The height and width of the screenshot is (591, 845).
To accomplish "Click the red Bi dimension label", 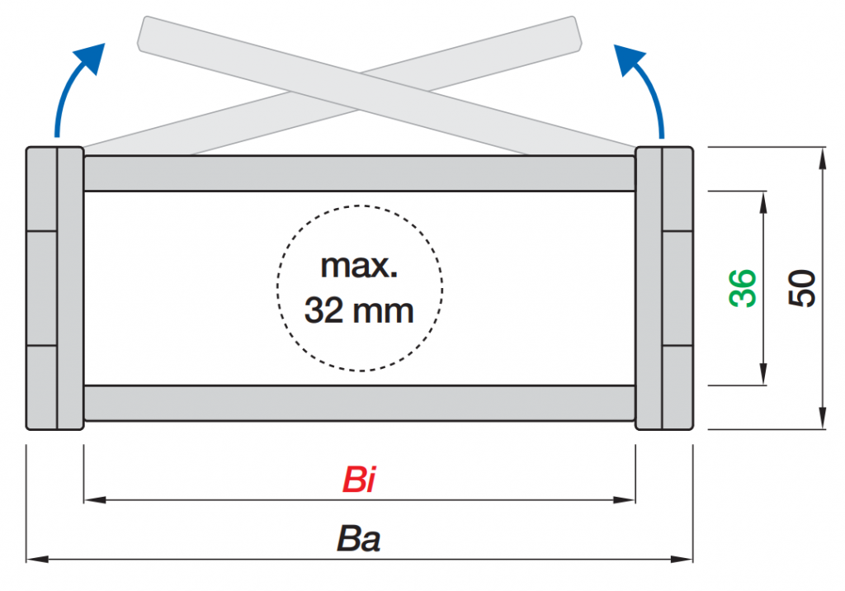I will click(x=359, y=480).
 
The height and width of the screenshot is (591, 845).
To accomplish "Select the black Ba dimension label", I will click(x=359, y=539).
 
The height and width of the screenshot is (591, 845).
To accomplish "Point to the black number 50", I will click(x=802, y=288).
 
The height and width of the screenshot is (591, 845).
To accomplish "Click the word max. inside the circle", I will click(x=359, y=267).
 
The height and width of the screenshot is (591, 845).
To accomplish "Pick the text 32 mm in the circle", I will click(x=359, y=311).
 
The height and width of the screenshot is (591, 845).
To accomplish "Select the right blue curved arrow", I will click(x=645, y=87).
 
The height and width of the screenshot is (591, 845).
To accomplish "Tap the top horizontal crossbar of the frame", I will click(x=359, y=173).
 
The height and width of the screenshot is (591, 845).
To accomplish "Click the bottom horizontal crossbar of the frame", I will click(x=359, y=403).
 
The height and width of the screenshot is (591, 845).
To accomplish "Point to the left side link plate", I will click(x=54, y=288).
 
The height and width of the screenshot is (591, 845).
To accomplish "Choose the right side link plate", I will click(x=664, y=288).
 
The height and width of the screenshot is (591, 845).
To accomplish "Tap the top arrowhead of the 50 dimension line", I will click(x=822, y=155).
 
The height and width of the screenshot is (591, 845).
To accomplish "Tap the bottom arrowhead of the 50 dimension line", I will click(x=822, y=422).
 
